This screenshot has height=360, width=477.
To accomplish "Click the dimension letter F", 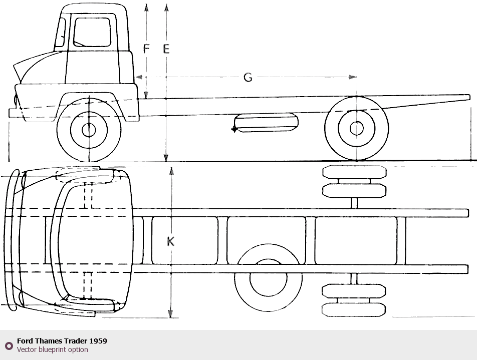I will coord(147,49).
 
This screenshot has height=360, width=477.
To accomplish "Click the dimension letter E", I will coord(166,49).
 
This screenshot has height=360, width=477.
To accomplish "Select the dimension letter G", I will coord(248,77).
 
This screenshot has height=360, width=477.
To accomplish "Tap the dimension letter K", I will coord(170,241).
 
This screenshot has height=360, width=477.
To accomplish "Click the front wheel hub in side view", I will coord(89,130).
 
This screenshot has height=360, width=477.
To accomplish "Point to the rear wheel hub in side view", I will coord(356,129).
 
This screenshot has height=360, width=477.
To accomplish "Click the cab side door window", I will coord(92,32).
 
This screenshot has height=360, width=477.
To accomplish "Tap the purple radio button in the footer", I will coord(9,345).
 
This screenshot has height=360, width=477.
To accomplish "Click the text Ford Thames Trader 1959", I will coord(62,341).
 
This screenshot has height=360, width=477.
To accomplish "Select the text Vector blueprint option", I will coord(52,349).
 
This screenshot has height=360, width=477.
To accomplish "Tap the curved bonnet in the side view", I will coord(40,68).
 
